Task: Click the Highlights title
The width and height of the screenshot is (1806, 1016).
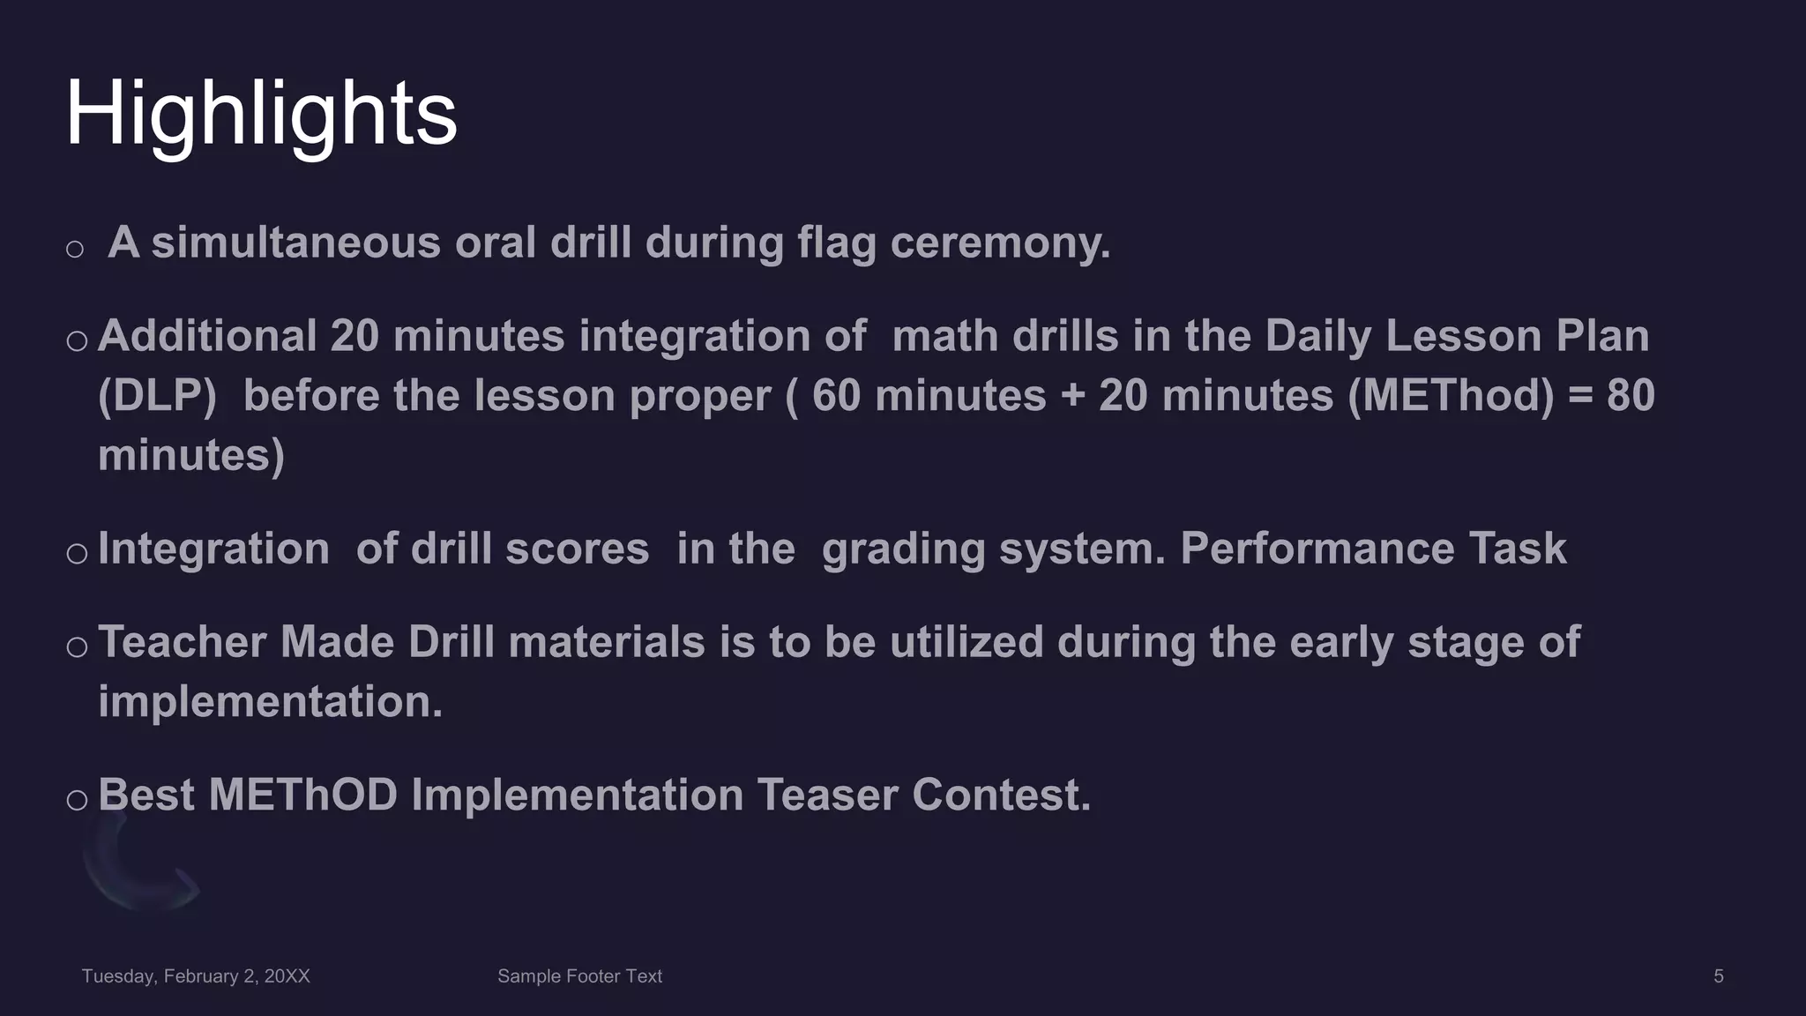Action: (x=261, y=115)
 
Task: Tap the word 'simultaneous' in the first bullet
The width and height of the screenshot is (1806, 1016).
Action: (x=295, y=243)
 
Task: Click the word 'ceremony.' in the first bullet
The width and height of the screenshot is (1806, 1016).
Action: (x=1000, y=243)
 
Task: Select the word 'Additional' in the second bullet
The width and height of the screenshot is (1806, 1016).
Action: (x=207, y=336)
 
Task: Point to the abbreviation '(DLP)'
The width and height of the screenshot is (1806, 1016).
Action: (x=157, y=395)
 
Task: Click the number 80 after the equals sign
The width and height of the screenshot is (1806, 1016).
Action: (x=1631, y=395)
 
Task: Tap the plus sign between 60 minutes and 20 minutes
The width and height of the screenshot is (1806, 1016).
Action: (x=1072, y=395)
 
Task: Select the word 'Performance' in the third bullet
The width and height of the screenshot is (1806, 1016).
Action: (x=1317, y=549)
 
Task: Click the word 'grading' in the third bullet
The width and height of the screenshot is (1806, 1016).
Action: (x=903, y=549)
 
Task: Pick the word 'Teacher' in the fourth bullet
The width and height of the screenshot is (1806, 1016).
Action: (x=183, y=642)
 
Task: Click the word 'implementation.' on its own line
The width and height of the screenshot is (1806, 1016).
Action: (x=270, y=702)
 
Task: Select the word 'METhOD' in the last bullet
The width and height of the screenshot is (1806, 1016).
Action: (x=303, y=795)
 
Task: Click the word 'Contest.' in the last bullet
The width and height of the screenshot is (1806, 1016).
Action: (x=1002, y=795)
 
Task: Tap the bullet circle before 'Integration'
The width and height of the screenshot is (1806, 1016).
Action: (x=77, y=554)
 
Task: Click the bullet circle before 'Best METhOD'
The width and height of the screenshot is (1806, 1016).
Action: (x=77, y=800)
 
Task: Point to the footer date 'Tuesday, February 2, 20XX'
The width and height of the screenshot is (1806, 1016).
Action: (x=196, y=976)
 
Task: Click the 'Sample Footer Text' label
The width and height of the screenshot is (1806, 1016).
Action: (x=579, y=976)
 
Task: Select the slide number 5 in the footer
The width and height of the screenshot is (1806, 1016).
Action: (x=1718, y=976)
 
